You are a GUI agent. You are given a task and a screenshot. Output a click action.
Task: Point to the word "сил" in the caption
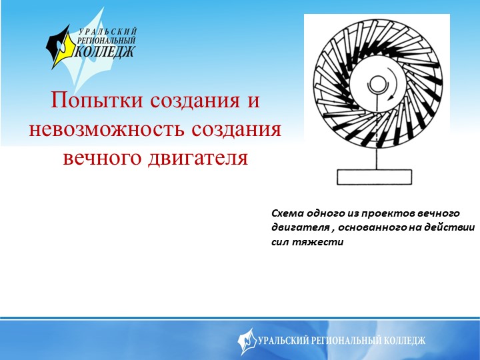(x=281, y=242)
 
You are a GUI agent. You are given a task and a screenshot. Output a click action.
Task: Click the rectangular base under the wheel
(x=377, y=177)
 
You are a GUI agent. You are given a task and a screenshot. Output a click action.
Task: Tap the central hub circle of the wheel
(x=377, y=85)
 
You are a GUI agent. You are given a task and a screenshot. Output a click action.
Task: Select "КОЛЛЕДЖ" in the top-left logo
(x=107, y=51)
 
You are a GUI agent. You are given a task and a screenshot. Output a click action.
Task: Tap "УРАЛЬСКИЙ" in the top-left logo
(x=109, y=31)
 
